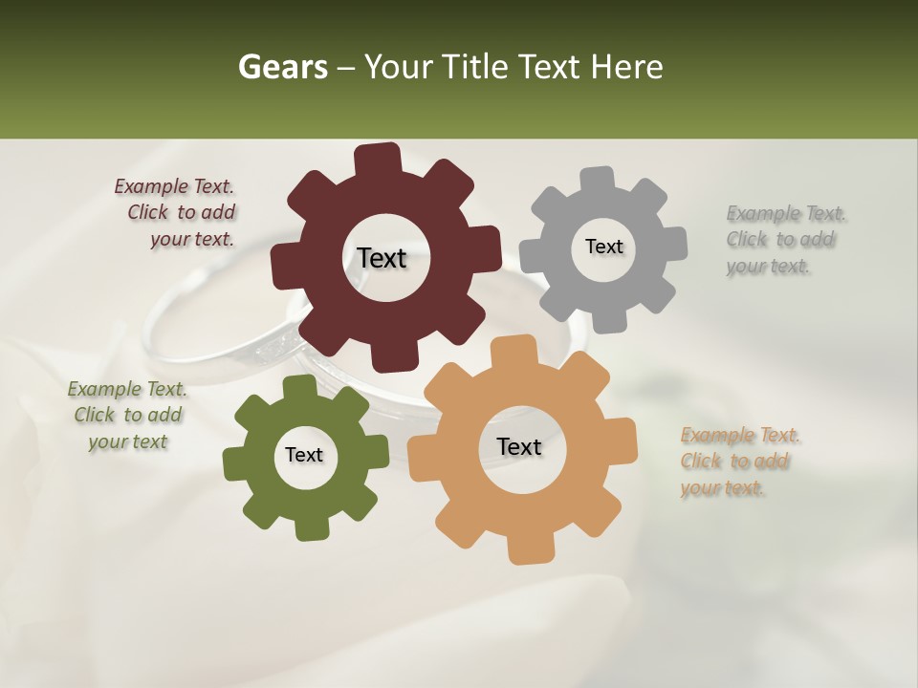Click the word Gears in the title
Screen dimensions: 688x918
click(281, 67)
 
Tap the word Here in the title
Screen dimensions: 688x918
click(625, 67)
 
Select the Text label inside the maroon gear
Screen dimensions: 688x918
click(382, 258)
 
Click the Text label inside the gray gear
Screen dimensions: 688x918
click(603, 247)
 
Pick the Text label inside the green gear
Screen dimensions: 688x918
click(304, 455)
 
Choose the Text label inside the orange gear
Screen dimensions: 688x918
click(519, 446)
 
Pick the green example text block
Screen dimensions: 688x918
click(127, 415)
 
